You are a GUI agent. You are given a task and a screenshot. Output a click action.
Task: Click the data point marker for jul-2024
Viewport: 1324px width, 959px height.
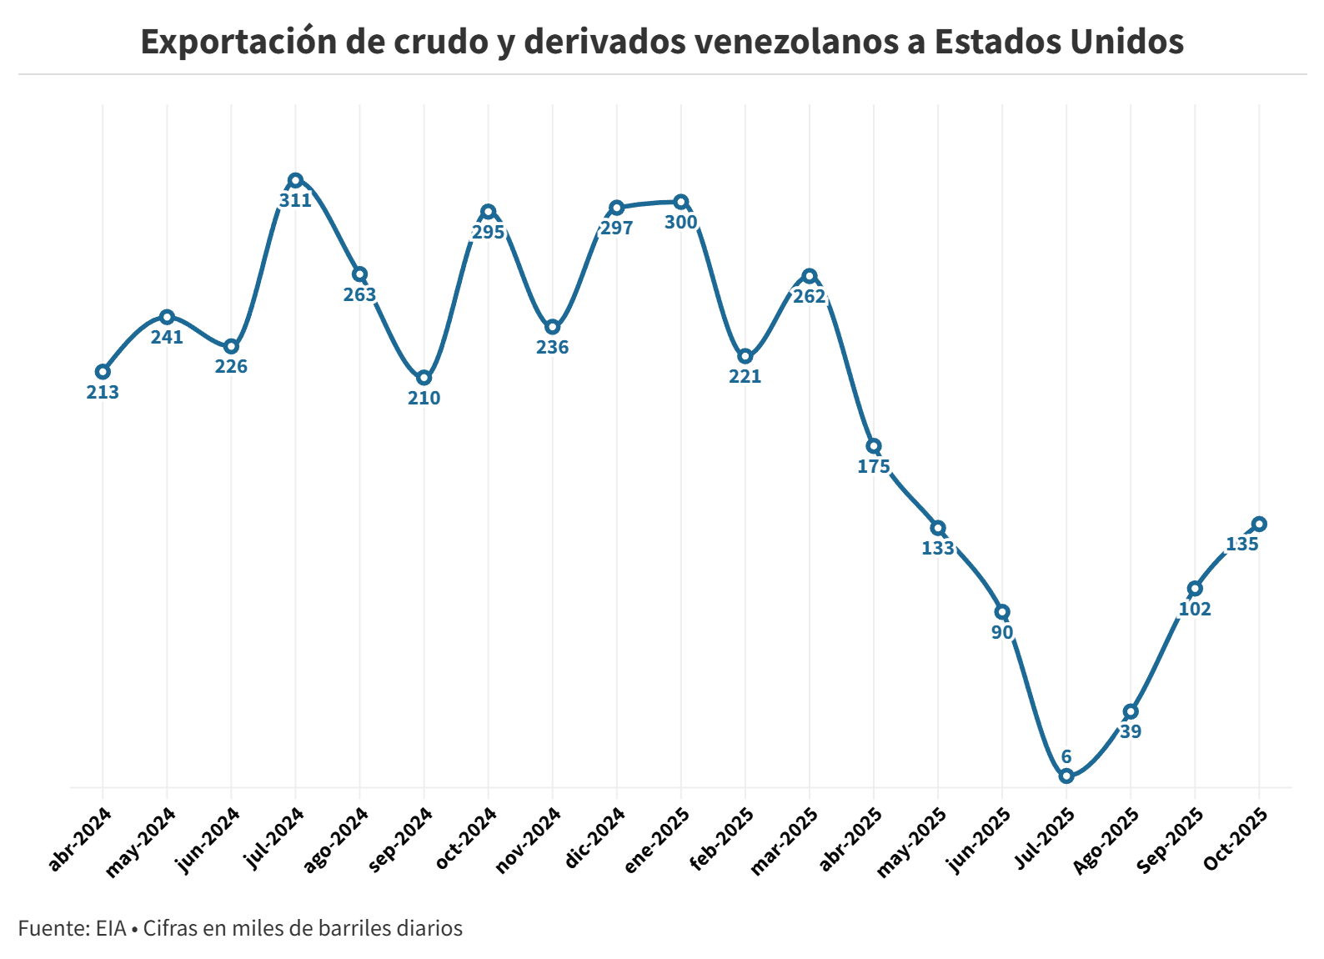click(x=295, y=180)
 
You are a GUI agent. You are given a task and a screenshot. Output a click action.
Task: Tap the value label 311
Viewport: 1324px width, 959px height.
click(x=295, y=200)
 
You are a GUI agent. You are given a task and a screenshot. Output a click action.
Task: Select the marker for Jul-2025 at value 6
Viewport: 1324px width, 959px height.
click(x=1066, y=776)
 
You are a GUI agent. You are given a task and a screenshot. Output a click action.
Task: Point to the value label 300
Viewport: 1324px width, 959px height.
click(x=681, y=222)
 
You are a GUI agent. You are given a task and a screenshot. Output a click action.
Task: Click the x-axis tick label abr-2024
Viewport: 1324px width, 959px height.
click(x=80, y=839)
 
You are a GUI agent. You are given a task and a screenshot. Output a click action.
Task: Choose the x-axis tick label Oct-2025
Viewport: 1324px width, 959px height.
click(x=1236, y=840)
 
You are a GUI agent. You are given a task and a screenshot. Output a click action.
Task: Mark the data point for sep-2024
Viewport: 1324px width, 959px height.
click(x=424, y=378)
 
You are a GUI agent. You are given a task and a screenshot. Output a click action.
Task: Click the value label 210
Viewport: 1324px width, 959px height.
click(x=424, y=398)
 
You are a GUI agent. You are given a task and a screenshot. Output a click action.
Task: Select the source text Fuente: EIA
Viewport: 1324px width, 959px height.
click(x=72, y=928)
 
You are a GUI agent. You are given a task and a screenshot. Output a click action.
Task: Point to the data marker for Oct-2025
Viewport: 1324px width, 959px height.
click(x=1259, y=524)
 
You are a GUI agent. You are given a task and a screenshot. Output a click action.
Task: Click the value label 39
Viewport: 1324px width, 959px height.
click(x=1131, y=731)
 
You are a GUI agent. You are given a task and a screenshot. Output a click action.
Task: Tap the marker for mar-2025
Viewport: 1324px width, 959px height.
click(x=810, y=276)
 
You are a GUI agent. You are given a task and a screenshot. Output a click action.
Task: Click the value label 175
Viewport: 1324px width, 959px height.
click(x=874, y=466)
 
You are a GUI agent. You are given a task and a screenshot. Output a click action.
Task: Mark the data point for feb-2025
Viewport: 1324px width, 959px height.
click(x=745, y=356)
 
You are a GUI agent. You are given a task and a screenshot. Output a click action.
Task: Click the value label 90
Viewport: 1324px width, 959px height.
click(x=1002, y=632)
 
